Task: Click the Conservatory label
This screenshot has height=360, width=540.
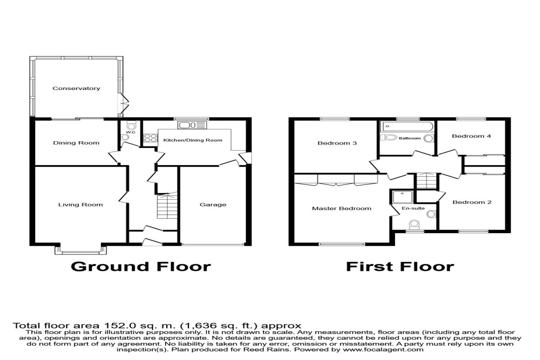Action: click(76, 89)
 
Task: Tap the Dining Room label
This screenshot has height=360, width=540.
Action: click(76, 143)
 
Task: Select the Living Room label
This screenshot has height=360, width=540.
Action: click(81, 205)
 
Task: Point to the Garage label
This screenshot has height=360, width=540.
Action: click(213, 205)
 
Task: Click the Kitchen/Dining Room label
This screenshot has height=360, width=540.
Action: click(193, 140)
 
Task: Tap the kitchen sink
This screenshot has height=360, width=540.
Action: click(192, 125)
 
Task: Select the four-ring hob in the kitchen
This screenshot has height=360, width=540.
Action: click(150, 138)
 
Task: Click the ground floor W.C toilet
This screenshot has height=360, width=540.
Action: click(131, 125)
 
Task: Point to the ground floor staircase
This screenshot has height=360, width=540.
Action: click(167, 206)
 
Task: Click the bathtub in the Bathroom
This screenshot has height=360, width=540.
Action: click(407, 126)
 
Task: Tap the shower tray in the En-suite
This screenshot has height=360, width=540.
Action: click(402, 197)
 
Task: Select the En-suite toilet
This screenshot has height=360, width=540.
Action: click(414, 225)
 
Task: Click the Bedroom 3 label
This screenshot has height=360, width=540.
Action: click(337, 143)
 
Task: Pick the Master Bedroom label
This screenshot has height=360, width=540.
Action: click(342, 208)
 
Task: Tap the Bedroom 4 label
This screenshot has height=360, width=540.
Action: click(471, 136)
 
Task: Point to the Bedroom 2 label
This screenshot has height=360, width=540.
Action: click(472, 202)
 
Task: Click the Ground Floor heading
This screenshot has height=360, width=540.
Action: click(141, 267)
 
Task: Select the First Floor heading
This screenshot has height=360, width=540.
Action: click(400, 267)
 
